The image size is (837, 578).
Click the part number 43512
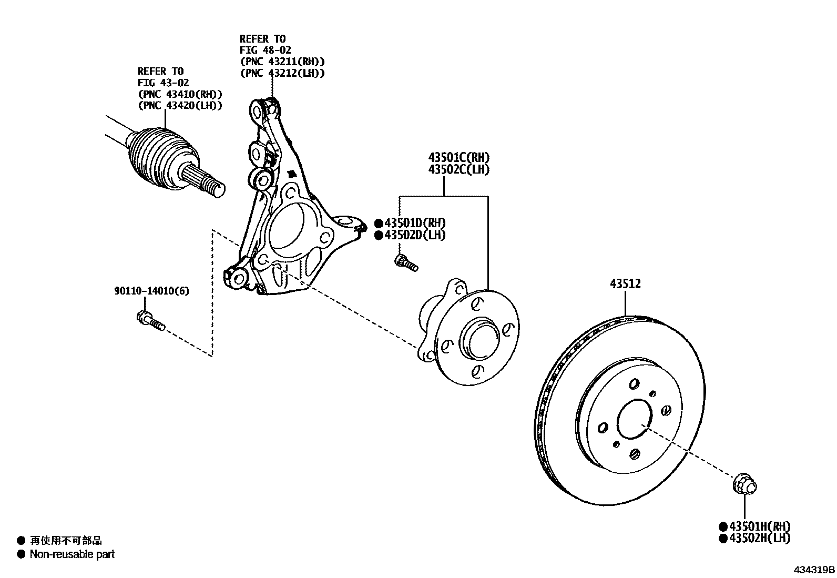(x=625, y=284)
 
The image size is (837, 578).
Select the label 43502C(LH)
(x=458, y=169)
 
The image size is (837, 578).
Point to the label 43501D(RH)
(x=414, y=223)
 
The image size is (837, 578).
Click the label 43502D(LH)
(x=414, y=235)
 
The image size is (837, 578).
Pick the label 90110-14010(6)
(x=152, y=291)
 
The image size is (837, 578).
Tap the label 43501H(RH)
(x=759, y=526)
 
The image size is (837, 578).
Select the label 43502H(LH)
(x=759, y=538)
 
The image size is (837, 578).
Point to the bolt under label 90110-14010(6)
(x=150, y=320)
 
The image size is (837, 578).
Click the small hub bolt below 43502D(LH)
(x=406, y=262)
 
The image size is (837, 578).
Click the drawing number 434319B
(x=814, y=570)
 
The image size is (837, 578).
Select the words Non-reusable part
(x=72, y=554)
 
